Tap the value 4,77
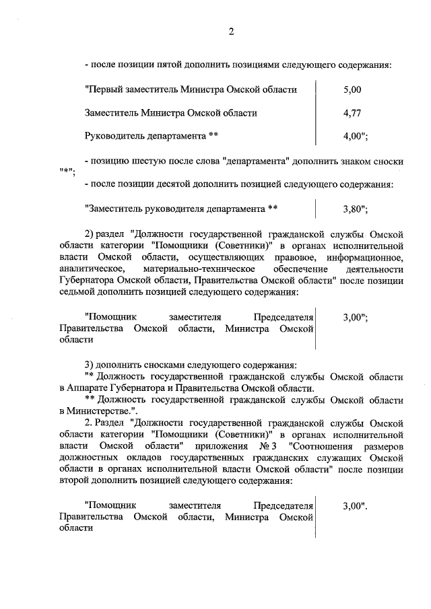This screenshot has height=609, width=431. click(x=352, y=113)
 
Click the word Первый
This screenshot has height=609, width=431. click(x=102, y=89)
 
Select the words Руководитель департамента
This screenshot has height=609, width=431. click(x=145, y=136)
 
